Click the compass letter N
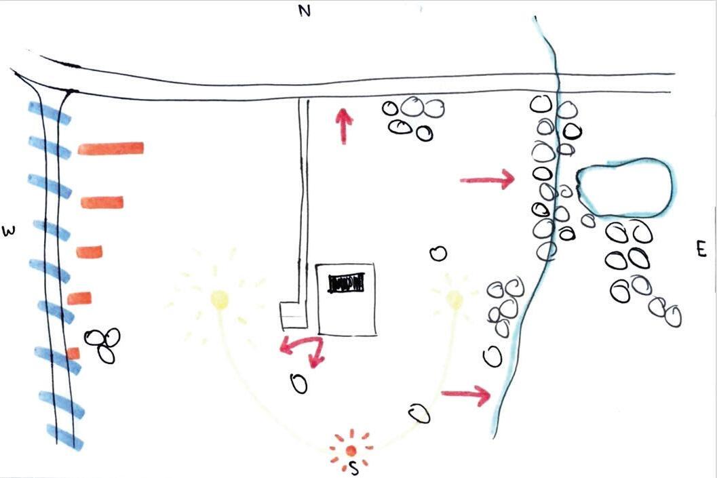click(x=305, y=12)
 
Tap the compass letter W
click(x=9, y=231)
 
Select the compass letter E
click(x=701, y=250)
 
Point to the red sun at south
click(x=350, y=450)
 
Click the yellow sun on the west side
click(x=219, y=299)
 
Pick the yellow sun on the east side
click(x=454, y=298)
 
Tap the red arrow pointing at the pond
click(x=486, y=180)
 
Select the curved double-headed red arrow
click(x=303, y=348)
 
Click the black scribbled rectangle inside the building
click(x=346, y=283)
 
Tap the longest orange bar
click(x=111, y=148)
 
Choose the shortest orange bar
click(x=73, y=353)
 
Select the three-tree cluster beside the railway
click(x=103, y=344)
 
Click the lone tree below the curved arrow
click(x=298, y=384)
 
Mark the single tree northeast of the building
click(x=438, y=254)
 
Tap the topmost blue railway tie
click(x=49, y=113)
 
